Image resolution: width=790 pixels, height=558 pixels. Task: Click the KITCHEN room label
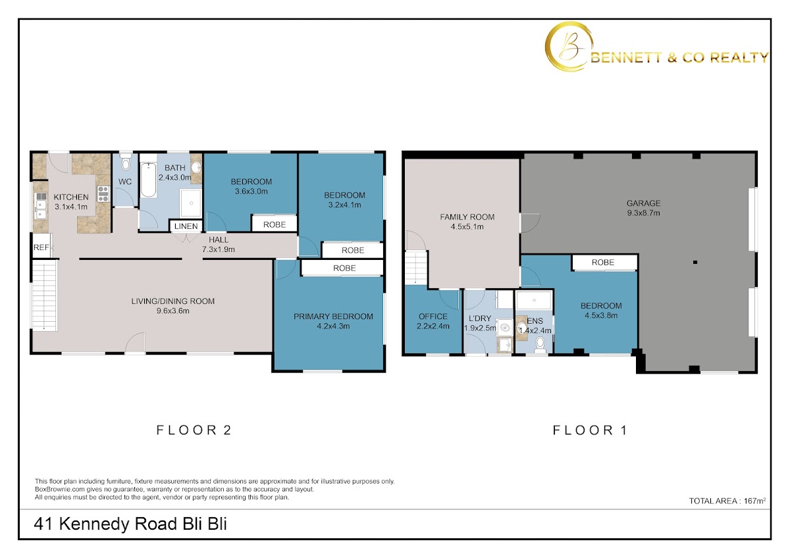coord(71,197)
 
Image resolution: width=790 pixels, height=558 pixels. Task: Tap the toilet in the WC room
coord(125,162)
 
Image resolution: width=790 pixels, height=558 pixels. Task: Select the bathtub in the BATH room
coord(149,180)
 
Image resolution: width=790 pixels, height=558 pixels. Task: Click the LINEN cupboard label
coord(186,226)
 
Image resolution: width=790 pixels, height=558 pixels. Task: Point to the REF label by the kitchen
coord(41,247)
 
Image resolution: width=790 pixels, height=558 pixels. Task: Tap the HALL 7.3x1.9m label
coord(219,245)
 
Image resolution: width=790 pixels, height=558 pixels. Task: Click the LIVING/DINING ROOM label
coord(172,301)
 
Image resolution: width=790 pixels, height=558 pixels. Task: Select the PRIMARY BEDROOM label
coord(333,317)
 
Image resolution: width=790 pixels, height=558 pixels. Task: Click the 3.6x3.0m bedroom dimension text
coord(251,191)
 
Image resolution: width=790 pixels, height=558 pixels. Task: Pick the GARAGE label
coord(644,203)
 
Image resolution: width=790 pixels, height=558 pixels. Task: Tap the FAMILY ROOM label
coord(467,217)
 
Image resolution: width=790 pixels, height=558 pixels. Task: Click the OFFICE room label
coord(433,317)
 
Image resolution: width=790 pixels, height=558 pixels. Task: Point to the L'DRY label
coord(480,318)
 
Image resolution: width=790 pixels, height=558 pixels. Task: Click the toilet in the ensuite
coord(540,344)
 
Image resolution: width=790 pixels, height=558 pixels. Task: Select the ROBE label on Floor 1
coord(603,263)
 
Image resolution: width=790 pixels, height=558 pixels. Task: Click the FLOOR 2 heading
coord(194,430)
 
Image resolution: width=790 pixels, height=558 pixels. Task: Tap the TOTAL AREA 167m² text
coord(727,501)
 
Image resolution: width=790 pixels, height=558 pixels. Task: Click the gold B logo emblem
coord(568,47)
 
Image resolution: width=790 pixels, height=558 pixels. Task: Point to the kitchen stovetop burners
coord(103,194)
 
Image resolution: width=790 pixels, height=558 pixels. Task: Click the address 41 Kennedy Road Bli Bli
coord(130,524)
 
